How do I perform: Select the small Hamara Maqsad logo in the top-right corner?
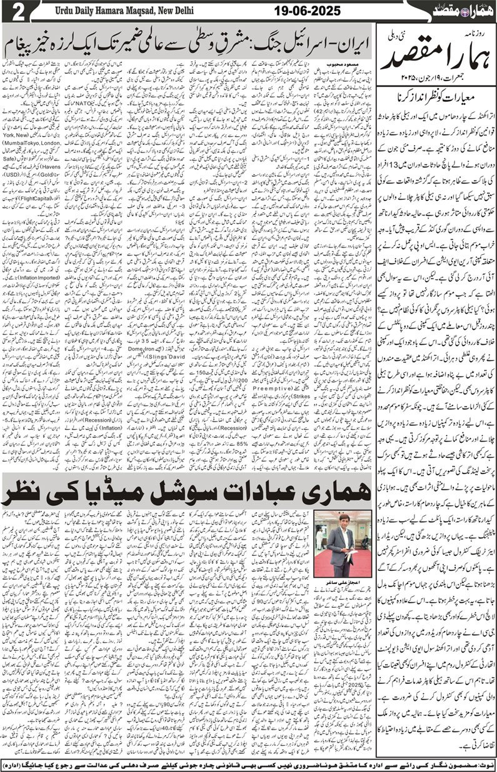pos(462,11)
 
